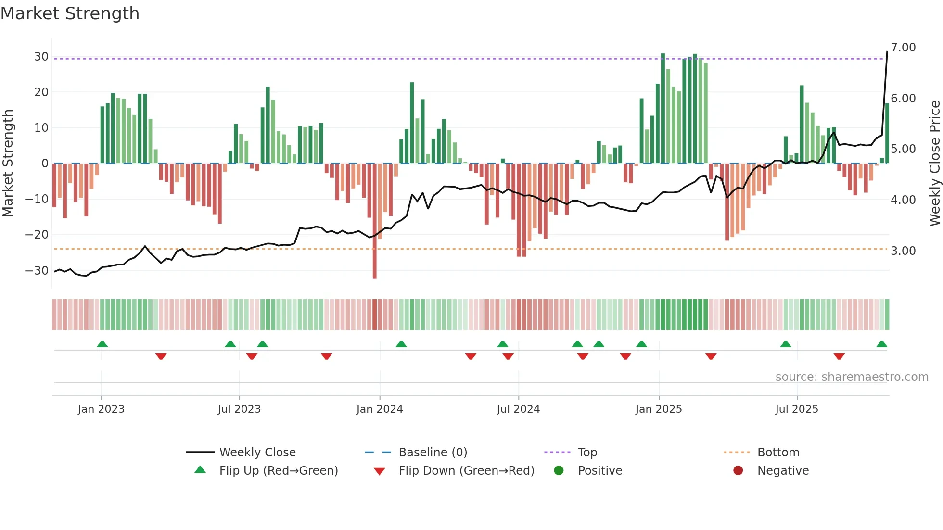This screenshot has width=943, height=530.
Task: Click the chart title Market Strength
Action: (70, 13)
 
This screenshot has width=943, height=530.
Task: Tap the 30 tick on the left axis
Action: (41, 57)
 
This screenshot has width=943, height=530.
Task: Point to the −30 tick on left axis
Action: (37, 270)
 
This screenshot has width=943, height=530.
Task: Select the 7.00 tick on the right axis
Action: (903, 48)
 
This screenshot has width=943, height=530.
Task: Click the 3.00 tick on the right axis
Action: (903, 251)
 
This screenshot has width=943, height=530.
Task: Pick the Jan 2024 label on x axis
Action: (380, 409)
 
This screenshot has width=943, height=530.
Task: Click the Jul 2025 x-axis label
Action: (797, 409)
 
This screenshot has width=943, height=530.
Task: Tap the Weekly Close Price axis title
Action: (934, 163)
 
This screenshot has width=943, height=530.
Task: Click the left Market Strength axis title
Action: (8, 163)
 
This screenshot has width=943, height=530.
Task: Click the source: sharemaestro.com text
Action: (852, 377)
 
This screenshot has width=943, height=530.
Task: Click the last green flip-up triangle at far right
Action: (881, 344)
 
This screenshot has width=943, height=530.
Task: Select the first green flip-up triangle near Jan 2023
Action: (102, 344)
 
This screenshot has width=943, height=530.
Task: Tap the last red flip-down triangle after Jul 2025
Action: (839, 356)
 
